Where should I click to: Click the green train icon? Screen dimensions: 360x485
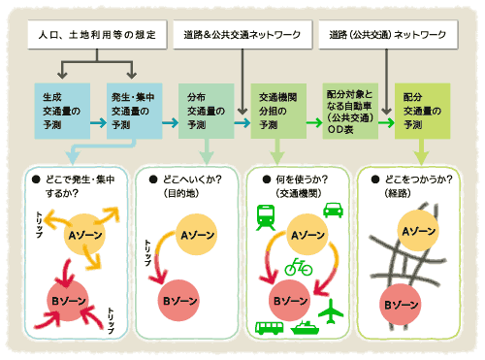265,216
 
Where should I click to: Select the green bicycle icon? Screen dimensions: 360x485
299,267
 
